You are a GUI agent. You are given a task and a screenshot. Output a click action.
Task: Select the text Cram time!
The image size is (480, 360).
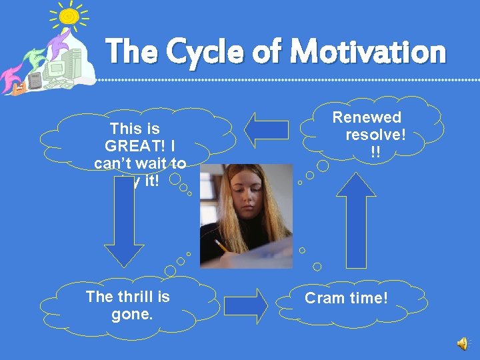[x=346, y=298]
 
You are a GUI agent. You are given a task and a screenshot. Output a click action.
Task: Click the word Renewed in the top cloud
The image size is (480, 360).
[x=367, y=118]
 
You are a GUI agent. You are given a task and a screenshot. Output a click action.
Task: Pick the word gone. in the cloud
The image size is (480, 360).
[x=132, y=313]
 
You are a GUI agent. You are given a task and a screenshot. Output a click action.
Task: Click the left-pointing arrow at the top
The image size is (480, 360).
[x=266, y=130]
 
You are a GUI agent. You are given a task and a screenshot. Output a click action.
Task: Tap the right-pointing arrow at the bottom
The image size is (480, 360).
[x=245, y=305]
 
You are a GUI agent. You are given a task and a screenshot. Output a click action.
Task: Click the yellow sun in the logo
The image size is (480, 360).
[x=68, y=18]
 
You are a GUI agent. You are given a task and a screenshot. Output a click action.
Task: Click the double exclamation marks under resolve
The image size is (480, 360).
[x=376, y=152]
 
